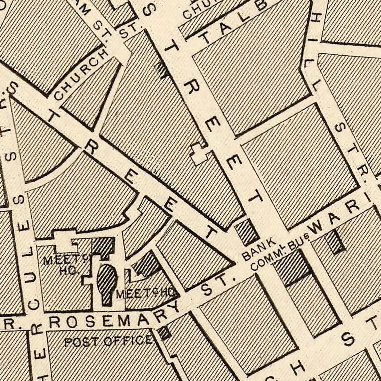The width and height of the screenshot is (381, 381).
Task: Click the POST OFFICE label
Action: point(108,341)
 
